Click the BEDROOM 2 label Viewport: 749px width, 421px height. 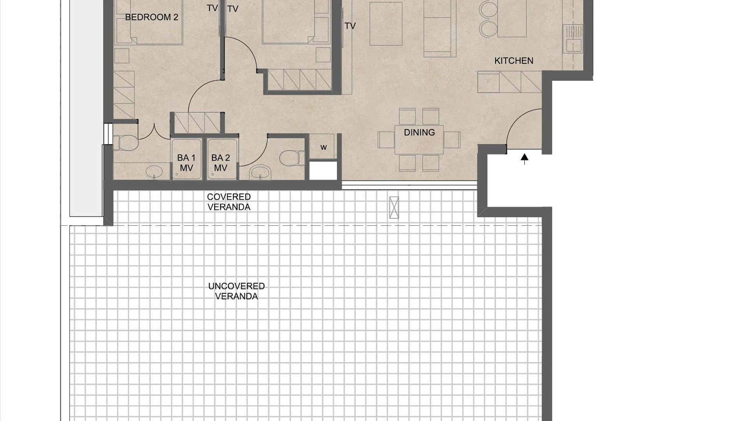point(151,17)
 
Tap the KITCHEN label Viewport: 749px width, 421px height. point(513,61)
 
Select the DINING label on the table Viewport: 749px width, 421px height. point(419,133)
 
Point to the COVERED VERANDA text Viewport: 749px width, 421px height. point(229,202)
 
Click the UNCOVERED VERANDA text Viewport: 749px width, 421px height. point(236,291)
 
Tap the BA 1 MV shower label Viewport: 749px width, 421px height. point(186,163)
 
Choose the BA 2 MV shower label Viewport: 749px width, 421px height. point(220,163)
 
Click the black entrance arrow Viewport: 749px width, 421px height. point(525,159)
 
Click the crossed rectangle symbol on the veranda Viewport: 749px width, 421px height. point(394,207)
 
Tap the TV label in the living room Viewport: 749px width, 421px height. point(350,26)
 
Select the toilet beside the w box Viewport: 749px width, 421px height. point(292,158)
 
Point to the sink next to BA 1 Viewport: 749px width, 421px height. point(155,172)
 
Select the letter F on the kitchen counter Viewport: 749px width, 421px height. point(488,82)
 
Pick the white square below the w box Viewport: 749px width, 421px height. point(323,171)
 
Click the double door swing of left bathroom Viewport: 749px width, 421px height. point(154,133)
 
